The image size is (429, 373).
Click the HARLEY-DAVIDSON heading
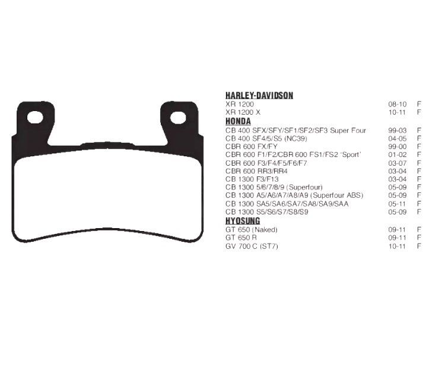(259, 96)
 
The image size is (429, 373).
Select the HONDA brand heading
(238, 122)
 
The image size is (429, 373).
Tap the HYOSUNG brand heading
(243, 221)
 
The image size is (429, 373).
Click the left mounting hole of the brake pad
(36, 118)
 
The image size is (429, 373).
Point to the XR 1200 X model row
(243, 112)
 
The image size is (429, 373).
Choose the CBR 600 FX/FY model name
(252, 146)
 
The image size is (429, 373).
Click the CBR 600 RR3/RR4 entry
(256, 171)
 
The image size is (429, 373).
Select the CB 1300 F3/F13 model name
(252, 179)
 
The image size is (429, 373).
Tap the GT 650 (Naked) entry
(251, 229)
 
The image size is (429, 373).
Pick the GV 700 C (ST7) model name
(252, 246)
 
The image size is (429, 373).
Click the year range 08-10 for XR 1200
(397, 104)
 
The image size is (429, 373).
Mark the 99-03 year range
(397, 130)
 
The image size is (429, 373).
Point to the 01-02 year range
(397, 154)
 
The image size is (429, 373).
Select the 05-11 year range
(397, 204)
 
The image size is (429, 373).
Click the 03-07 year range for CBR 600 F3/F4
(397, 163)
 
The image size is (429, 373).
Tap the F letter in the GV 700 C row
(419, 246)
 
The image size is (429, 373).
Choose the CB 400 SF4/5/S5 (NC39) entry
(266, 138)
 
